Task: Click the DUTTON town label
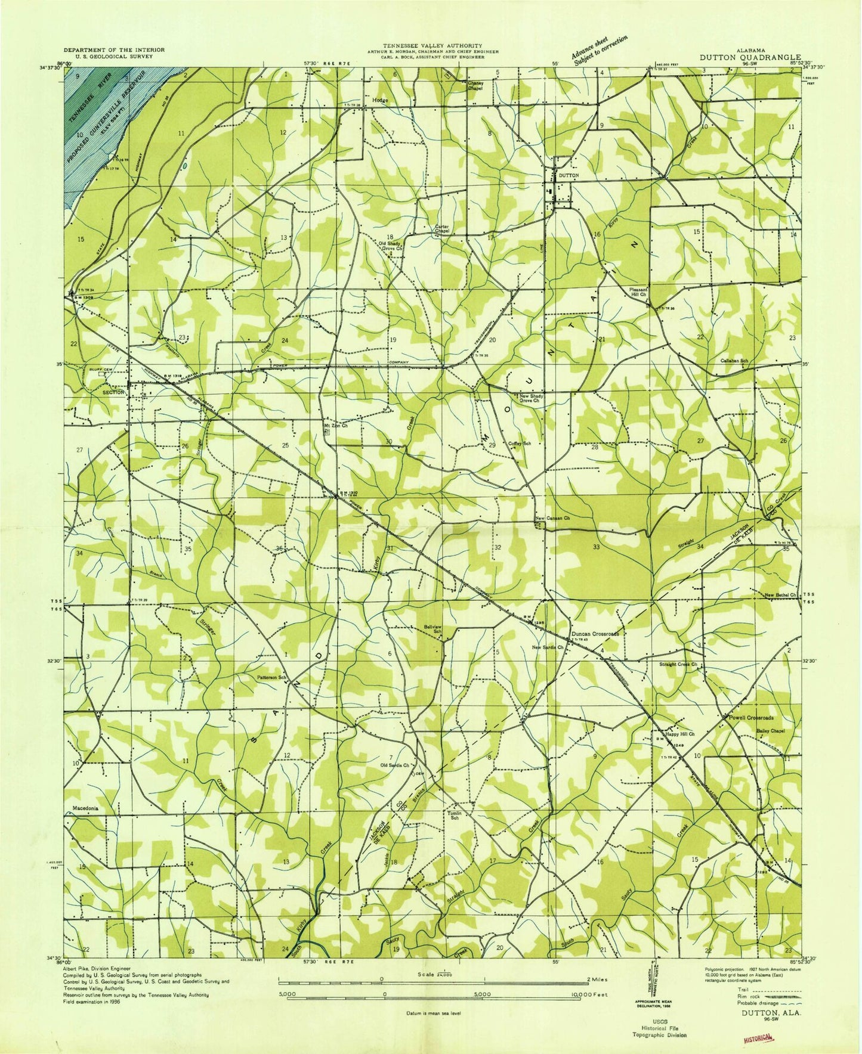(x=569, y=176)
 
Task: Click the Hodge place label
(x=380, y=100)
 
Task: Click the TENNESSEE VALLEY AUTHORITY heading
(x=433, y=46)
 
